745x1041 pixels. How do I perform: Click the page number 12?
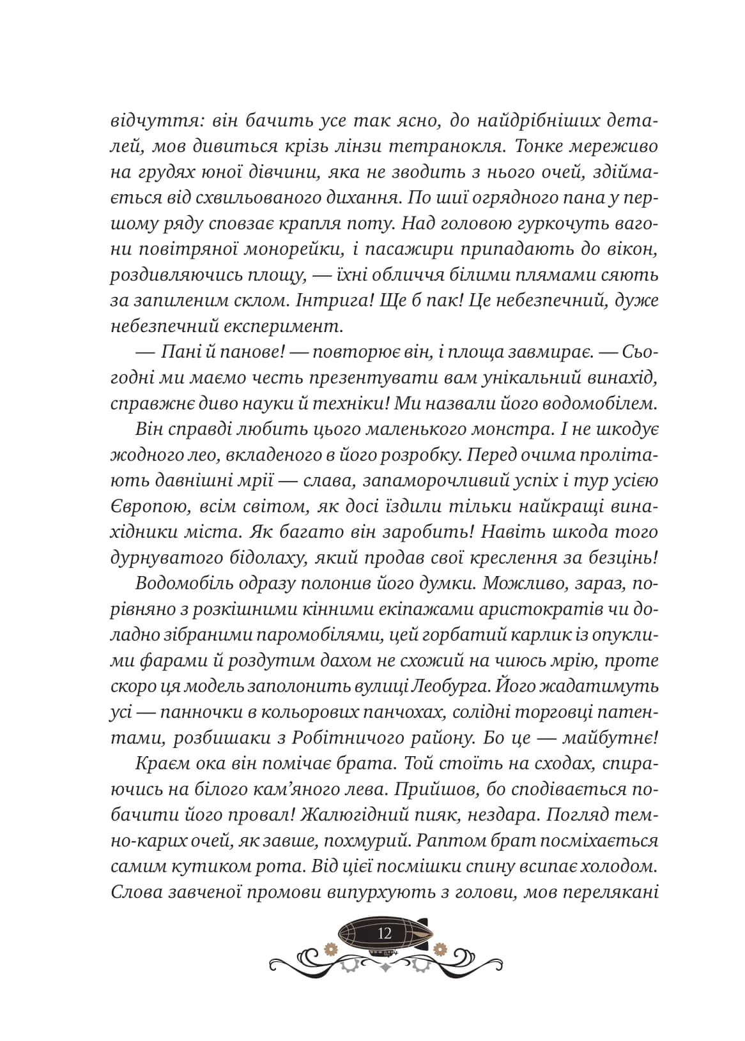pos(385,933)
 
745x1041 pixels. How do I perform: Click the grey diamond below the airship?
pos(385,967)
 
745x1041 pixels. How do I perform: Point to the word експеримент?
pos(284,328)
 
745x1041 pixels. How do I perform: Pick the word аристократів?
pos(539,609)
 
